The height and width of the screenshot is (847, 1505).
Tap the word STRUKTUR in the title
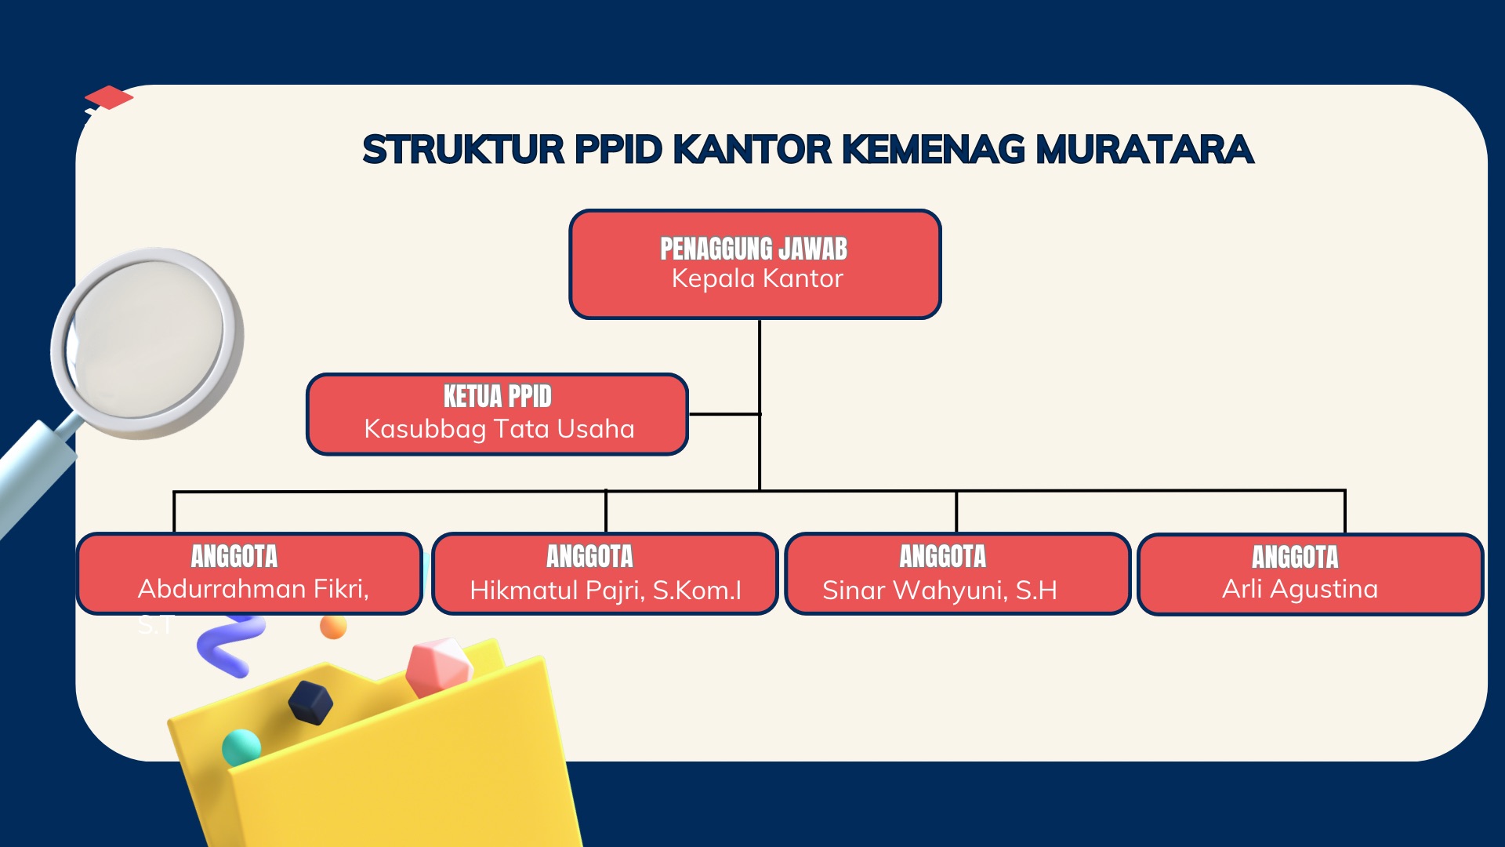pos(463,149)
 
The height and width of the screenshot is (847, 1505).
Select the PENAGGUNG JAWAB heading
pos(753,249)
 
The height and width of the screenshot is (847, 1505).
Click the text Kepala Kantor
pos(757,279)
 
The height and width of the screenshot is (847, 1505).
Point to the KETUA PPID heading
pos(498,396)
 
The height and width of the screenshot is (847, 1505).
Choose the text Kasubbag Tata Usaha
pos(499,429)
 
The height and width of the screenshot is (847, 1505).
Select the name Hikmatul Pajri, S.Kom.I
pos(605,591)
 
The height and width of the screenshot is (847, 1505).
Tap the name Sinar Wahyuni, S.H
pos(940,591)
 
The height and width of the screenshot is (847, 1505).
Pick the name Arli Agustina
pos(1300,590)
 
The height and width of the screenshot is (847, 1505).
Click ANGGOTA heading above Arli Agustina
pos(1295,557)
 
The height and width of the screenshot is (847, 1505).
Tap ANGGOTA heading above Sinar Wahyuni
pos(942,556)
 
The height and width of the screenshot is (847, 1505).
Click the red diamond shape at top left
pos(109,97)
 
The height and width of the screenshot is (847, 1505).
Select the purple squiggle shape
pos(230,645)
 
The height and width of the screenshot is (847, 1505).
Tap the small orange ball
pos(333,627)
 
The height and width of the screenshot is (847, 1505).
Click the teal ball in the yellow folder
pos(241,747)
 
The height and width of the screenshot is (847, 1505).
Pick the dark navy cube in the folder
pos(310,702)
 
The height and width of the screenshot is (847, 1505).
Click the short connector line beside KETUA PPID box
pos(724,413)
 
